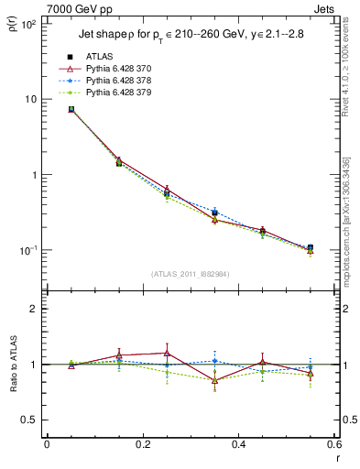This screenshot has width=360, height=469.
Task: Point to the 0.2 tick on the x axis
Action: coord(142,444)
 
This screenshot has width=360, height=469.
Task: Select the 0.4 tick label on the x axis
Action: coord(238,444)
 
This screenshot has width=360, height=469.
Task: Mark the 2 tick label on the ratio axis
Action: coord(34,309)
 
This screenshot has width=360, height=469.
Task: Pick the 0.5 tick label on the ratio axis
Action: coord(29,420)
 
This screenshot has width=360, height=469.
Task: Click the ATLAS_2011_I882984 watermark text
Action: coord(190,274)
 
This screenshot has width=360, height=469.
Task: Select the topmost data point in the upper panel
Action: coord(71,109)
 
